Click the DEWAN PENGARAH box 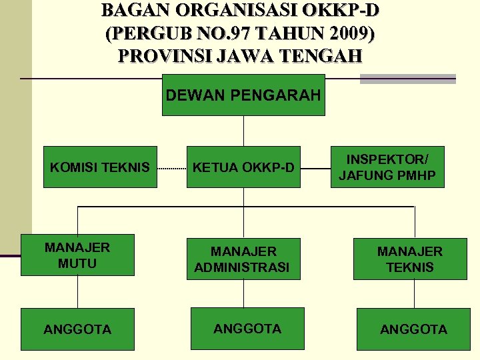click(243, 95)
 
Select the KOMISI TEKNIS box click(100, 167)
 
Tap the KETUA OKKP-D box click(243, 167)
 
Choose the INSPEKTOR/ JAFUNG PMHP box click(387, 167)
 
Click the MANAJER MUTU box click(77, 255)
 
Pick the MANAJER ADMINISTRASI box click(243, 259)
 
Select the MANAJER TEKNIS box click(409, 259)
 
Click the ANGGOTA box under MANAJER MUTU click(77, 329)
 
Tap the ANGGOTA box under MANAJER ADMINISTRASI click(247, 328)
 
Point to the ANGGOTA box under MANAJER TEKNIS click(413, 329)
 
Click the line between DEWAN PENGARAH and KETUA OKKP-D click(244, 131)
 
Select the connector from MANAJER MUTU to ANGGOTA click(78, 291)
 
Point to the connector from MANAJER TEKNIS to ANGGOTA click(411, 293)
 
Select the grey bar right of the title click(407, 79)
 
